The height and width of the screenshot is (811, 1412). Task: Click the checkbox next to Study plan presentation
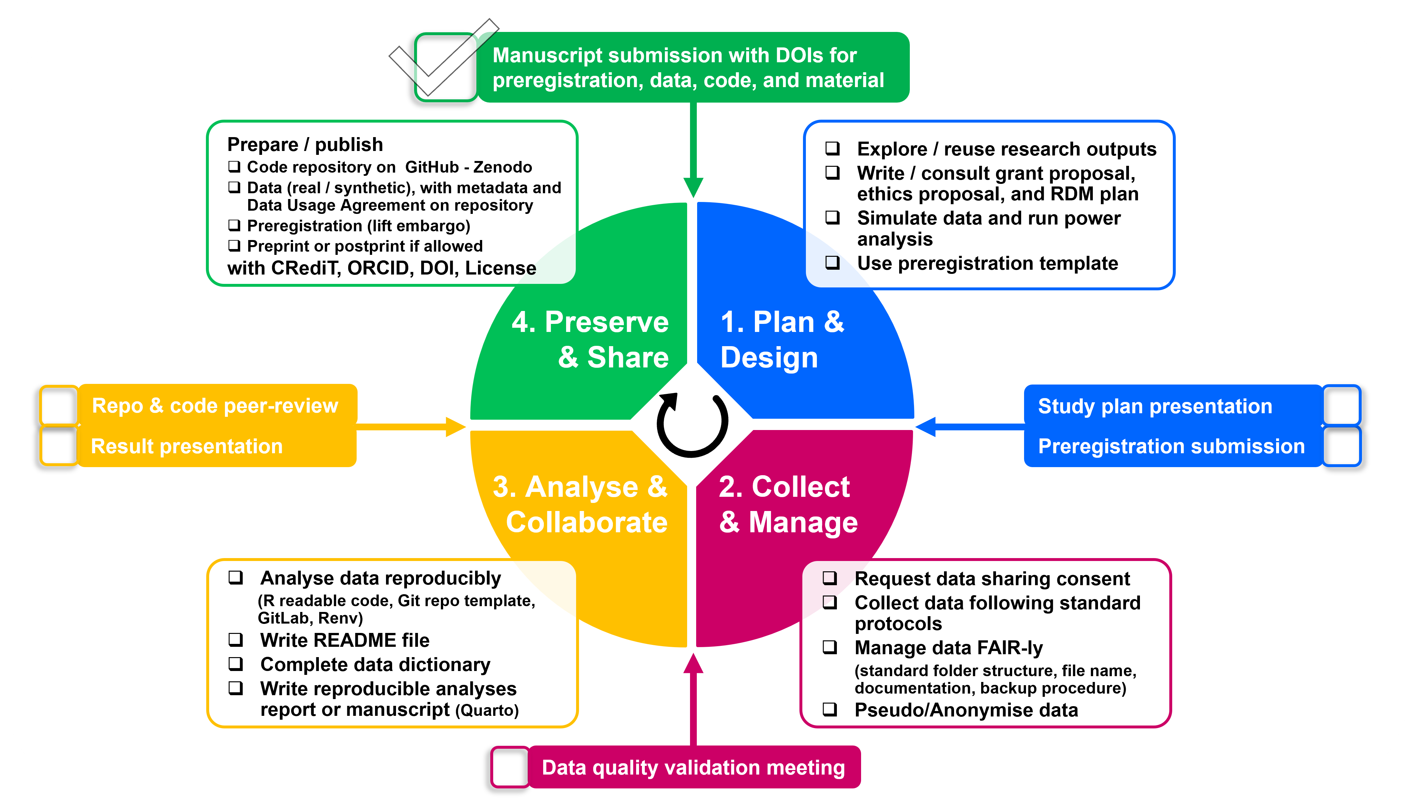pyautogui.click(x=1341, y=405)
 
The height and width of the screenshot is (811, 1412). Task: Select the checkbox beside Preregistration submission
pyautogui.click(x=1341, y=446)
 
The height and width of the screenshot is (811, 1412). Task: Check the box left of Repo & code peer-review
pyautogui.click(x=58, y=405)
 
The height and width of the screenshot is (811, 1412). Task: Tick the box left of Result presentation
pyautogui.click(x=58, y=446)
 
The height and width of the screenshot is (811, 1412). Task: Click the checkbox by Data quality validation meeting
pyautogui.click(x=509, y=767)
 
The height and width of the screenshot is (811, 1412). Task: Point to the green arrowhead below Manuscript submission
pyautogui.click(x=693, y=186)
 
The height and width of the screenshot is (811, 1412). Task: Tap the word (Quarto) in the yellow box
pyautogui.click(x=487, y=711)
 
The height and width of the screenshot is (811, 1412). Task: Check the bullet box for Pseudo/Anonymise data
pyautogui.click(x=830, y=710)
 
